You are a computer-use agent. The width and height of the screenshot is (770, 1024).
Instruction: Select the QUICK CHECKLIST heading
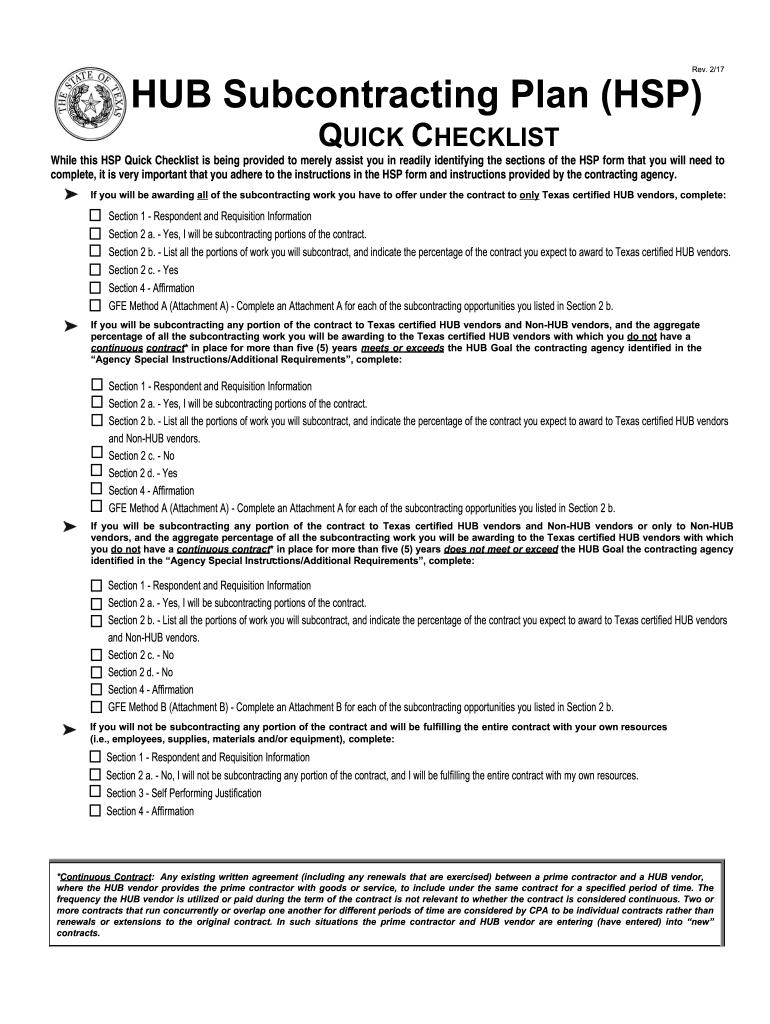437,136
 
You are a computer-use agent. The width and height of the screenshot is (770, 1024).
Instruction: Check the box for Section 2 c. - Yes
96,269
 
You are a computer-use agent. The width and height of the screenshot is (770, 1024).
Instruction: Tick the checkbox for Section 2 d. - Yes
96,472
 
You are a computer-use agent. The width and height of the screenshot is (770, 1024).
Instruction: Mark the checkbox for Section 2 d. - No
96,672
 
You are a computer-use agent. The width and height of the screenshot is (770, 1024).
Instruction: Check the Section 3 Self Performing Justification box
95,792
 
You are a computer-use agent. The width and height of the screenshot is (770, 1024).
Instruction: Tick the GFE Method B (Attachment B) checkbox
96,706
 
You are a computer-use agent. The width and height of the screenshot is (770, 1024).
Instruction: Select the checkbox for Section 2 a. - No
95,774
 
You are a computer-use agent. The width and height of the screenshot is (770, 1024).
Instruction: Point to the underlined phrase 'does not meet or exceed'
500,549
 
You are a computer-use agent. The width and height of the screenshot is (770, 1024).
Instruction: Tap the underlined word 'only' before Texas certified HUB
529,195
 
